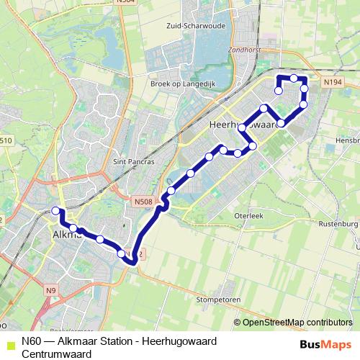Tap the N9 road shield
coord(50,291)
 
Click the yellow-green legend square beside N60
coord(9,344)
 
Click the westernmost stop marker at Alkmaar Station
coord(55,210)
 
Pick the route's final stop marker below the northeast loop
coord(278,91)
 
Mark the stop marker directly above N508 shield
coord(171,191)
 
